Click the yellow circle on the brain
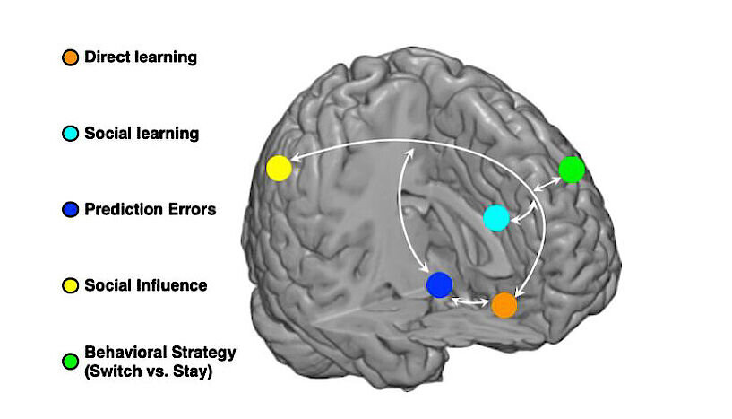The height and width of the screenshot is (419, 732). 280,169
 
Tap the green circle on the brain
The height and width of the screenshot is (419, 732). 572,170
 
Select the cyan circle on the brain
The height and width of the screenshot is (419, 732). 496,218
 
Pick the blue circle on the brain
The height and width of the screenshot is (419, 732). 439,284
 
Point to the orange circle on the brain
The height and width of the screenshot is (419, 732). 504,305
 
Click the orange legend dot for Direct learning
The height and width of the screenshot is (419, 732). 70,57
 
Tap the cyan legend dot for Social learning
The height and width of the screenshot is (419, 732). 70,134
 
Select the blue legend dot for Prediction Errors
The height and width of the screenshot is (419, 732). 70,210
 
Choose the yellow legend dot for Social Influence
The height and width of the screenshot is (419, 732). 70,285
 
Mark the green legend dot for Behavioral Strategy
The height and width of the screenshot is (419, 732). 70,362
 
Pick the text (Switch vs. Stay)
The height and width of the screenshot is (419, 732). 149,371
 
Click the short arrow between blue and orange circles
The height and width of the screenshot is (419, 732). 470,302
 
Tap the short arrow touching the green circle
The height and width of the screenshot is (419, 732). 547,184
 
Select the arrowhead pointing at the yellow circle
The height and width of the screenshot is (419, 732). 295,160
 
